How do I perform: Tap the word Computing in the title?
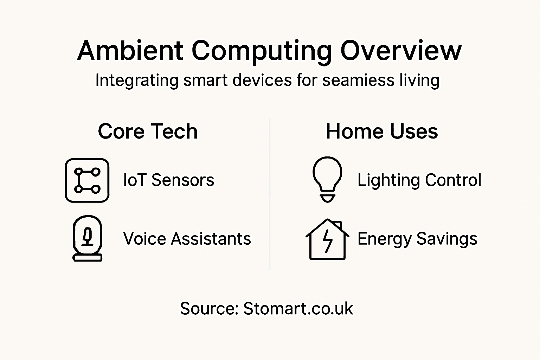tap(262, 51)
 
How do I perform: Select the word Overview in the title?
tap(401, 51)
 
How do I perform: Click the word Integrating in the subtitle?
tap(137, 81)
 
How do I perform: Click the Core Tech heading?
tap(148, 131)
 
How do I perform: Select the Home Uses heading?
tap(382, 131)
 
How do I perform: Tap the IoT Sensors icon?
tap(87, 180)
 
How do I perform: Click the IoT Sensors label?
tap(168, 180)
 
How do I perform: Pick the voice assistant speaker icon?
tap(87, 238)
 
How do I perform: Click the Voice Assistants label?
tap(187, 239)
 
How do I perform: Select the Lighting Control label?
tap(419, 180)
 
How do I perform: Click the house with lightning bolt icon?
tap(327, 239)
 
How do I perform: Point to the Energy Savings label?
tap(417, 239)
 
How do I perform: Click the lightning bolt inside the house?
tap(328, 241)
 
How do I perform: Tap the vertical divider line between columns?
tap(270, 195)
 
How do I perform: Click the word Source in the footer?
tap(209, 309)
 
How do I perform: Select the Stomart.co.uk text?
tap(298, 309)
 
